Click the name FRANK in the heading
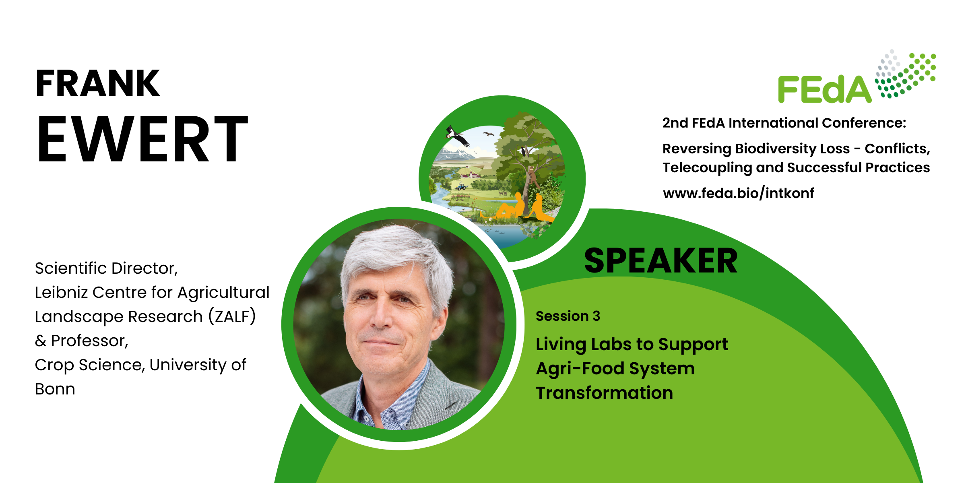(98, 83)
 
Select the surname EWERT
(142, 139)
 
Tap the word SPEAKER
(661, 261)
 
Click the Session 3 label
(568, 316)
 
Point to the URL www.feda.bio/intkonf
(738, 193)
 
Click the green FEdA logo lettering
(825, 89)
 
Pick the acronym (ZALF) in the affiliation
(232, 316)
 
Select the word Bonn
(55, 389)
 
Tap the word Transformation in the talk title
(604, 393)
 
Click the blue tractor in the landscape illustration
(461, 187)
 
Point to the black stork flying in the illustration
(458, 136)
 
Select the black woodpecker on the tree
(523, 151)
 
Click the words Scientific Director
(106, 268)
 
